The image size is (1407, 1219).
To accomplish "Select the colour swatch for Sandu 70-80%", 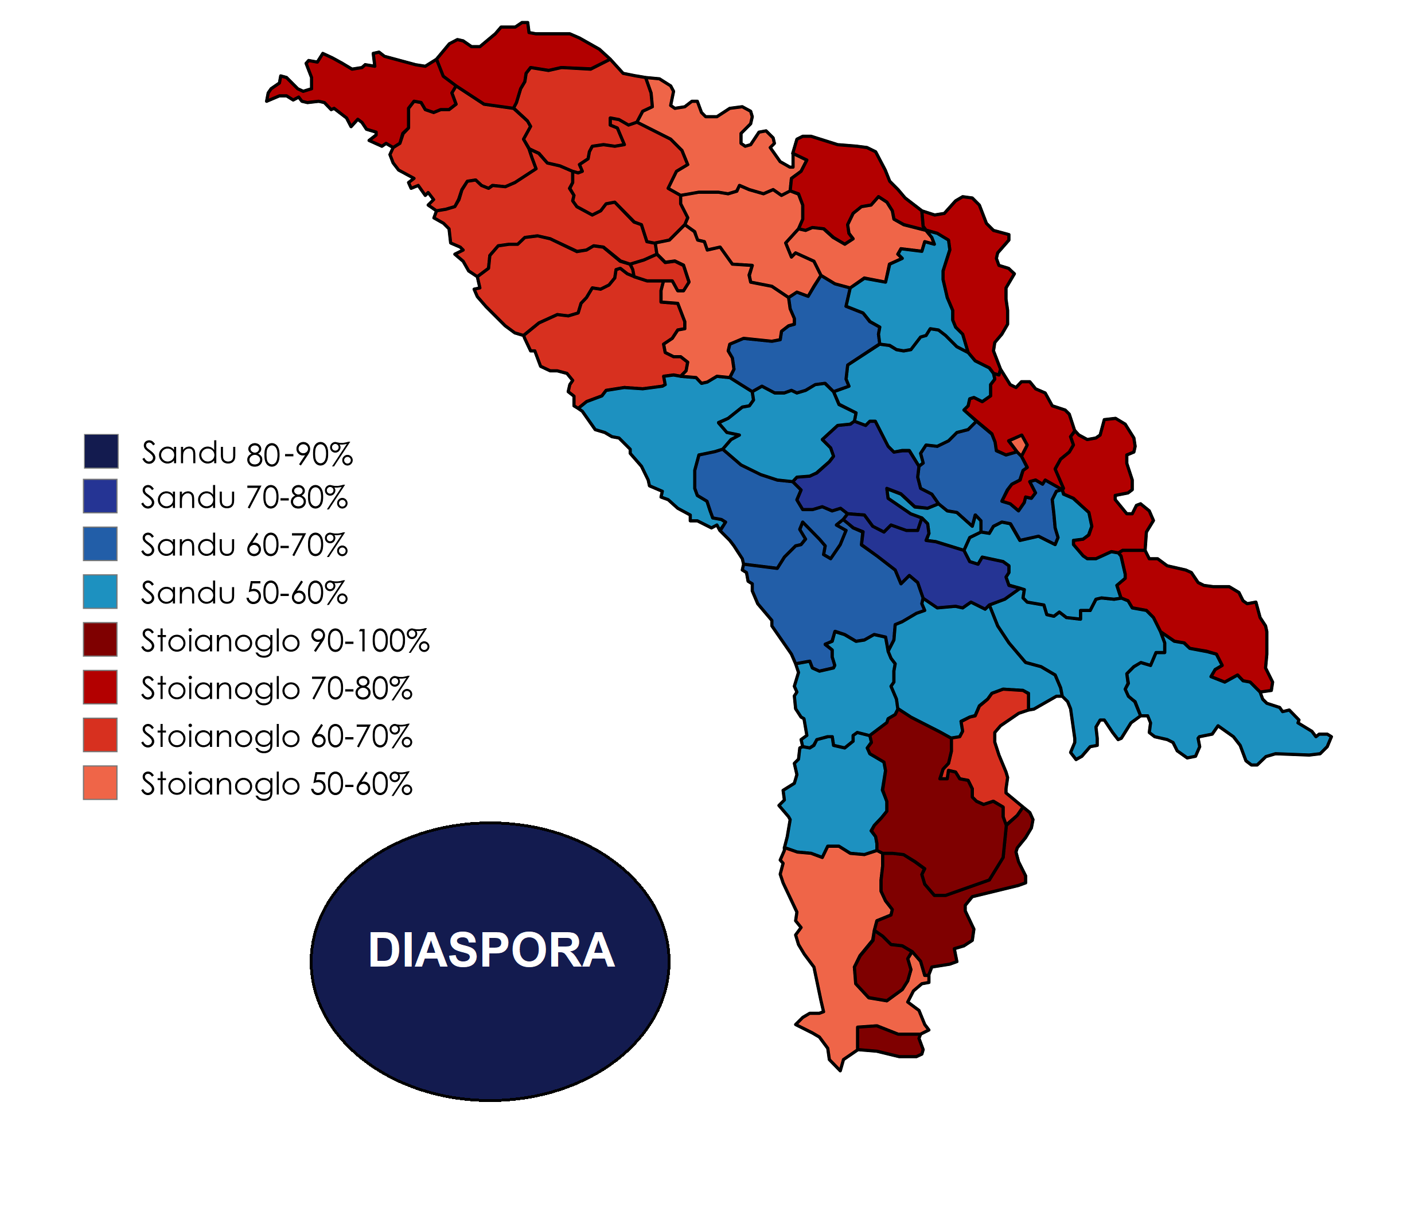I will point(100,496).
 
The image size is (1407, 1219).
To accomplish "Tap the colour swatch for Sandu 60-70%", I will point(100,543).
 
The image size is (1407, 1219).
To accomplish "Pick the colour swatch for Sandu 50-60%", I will point(100,591).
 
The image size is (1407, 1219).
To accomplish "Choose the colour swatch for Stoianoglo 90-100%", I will point(100,638).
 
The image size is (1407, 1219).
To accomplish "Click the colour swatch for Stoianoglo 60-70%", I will point(100,735).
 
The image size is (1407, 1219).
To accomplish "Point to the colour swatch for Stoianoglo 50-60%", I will point(100,782).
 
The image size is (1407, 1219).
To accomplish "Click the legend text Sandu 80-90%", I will point(247,453).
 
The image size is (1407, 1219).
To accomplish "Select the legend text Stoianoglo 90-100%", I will point(285,641).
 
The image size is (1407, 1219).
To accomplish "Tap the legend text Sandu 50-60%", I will point(244,593).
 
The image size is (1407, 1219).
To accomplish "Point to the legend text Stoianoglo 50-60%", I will point(276,784).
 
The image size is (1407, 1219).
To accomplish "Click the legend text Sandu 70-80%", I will point(244,498).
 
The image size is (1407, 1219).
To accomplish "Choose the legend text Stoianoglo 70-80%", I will point(276,689).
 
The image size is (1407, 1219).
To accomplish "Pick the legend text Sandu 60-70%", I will point(244,546).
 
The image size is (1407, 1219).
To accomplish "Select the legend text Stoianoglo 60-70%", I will point(276,737).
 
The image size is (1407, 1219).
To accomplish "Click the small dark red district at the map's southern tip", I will point(890,1042).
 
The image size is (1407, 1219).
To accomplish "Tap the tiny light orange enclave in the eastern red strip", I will point(1019,444).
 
